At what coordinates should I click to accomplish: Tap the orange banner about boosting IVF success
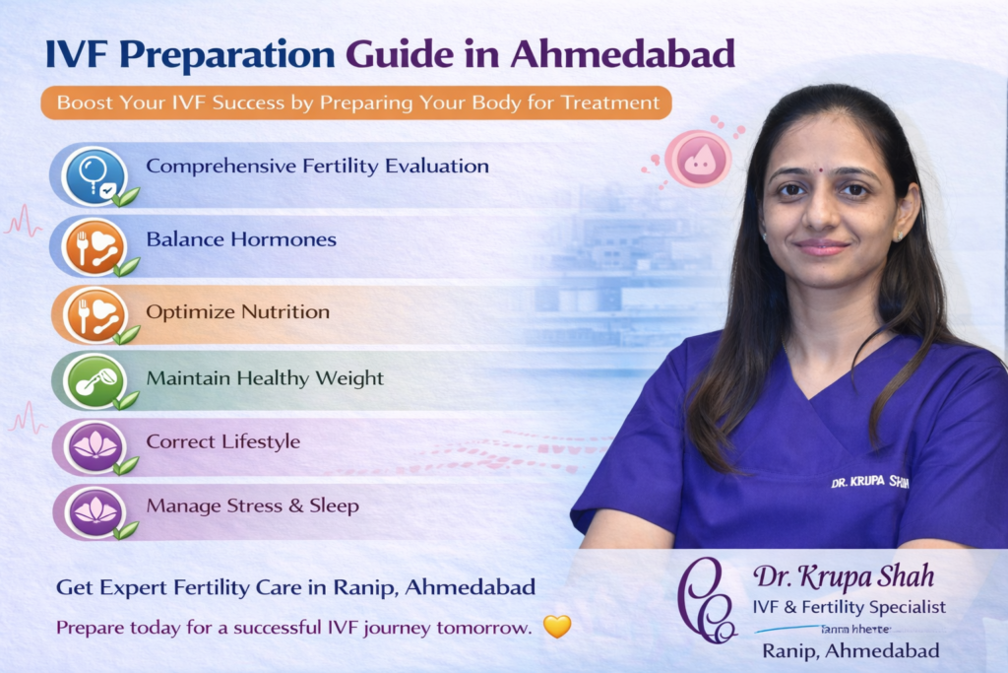click(x=356, y=102)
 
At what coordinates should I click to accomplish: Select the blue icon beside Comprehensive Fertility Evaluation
click(x=94, y=174)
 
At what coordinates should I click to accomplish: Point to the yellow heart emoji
click(x=557, y=626)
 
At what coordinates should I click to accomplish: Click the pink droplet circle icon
click(x=698, y=160)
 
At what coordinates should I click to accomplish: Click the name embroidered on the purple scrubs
click(x=869, y=483)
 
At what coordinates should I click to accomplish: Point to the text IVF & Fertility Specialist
click(x=849, y=607)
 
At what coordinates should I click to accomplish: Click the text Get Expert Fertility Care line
click(x=295, y=587)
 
